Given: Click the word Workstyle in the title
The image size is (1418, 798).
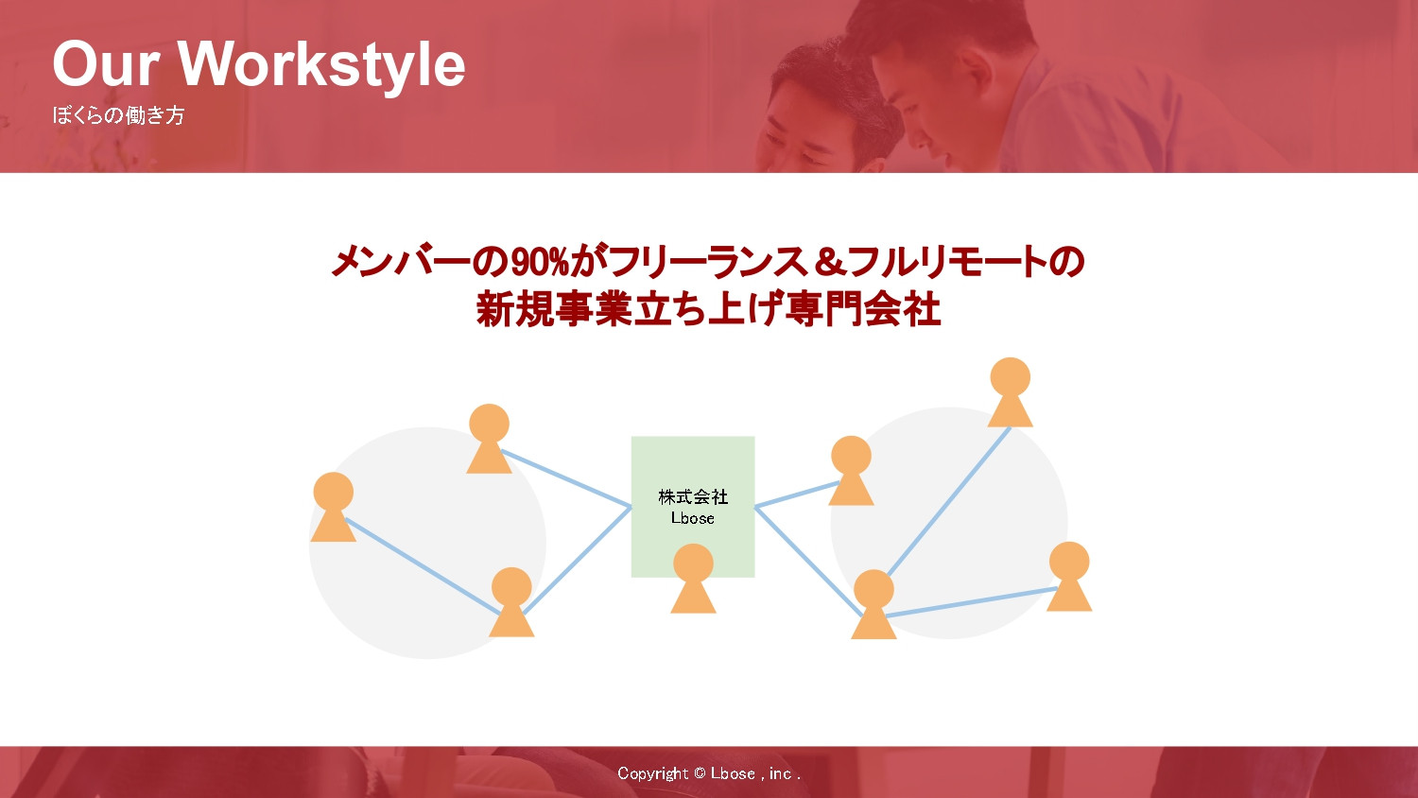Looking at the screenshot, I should [321, 64].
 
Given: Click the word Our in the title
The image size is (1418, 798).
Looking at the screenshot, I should [105, 64].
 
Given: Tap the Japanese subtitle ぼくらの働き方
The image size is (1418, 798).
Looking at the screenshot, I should [118, 115].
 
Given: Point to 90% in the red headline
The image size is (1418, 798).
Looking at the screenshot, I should [539, 262].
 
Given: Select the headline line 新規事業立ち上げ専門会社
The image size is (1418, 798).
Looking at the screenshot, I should [708, 309].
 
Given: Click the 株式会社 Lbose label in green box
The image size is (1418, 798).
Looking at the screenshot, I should [693, 507].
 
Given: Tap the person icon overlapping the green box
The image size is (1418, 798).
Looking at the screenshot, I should [693, 579].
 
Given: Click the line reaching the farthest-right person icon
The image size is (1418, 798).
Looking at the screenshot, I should [974, 602].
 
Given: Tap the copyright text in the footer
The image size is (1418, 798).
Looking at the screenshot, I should [709, 773].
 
